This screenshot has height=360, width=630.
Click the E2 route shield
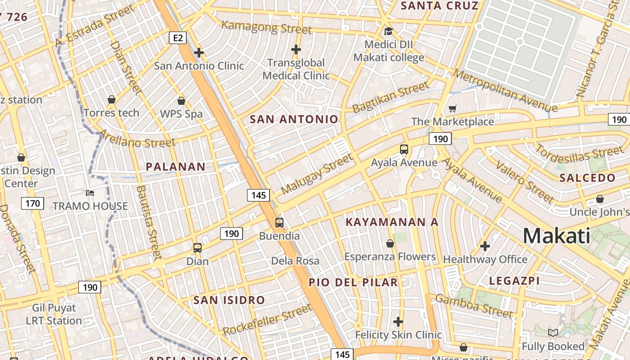(178, 38)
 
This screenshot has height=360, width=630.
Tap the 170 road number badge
(32, 203)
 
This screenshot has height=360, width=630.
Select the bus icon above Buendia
(279, 222)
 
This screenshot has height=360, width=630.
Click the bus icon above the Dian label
(197, 247)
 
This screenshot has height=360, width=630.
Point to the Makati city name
(557, 236)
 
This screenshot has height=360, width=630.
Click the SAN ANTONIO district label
(294, 119)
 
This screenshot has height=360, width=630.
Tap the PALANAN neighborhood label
(175, 166)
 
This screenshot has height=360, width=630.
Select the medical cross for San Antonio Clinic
(198, 53)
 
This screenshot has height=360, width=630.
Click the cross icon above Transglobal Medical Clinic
(296, 49)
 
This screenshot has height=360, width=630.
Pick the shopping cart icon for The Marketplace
(452, 108)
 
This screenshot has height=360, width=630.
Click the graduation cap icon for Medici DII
(388, 31)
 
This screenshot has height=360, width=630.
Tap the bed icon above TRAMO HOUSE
(90, 193)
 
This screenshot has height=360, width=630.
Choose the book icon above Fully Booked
(553, 333)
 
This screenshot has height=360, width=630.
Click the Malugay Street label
(317, 174)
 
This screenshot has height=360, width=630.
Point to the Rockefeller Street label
(267, 320)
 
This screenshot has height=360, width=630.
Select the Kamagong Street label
(266, 27)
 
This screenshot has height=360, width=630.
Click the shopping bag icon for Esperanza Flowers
(390, 243)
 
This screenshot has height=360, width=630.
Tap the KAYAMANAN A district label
(391, 222)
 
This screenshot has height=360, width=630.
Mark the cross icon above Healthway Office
(485, 246)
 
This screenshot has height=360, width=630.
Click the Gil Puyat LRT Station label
(54, 315)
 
